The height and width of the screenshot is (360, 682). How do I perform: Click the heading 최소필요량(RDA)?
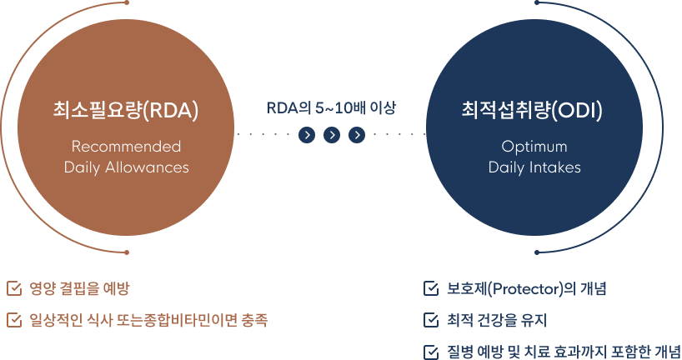click(x=126, y=110)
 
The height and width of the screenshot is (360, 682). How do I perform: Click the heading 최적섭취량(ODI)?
click(x=534, y=110)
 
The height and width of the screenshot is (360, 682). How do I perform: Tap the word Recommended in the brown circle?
click(x=126, y=147)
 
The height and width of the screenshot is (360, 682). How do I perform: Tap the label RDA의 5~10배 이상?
click(x=332, y=108)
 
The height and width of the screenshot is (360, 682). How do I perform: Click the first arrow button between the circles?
click(x=307, y=134)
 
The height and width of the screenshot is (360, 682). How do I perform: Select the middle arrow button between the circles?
click(x=332, y=134)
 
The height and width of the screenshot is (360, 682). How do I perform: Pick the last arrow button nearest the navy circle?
click(x=357, y=134)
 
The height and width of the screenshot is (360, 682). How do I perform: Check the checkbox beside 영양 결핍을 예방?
click(x=13, y=289)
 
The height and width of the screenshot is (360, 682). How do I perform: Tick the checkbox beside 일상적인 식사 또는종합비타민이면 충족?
click(x=13, y=319)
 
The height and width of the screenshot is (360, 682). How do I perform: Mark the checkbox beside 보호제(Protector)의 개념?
click(x=431, y=289)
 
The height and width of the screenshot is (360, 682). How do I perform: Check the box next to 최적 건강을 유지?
click(x=431, y=320)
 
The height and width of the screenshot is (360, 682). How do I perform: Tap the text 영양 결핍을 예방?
click(x=79, y=289)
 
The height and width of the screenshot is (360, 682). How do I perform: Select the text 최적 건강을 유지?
click(x=497, y=320)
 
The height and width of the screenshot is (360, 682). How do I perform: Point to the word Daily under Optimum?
click(x=509, y=167)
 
